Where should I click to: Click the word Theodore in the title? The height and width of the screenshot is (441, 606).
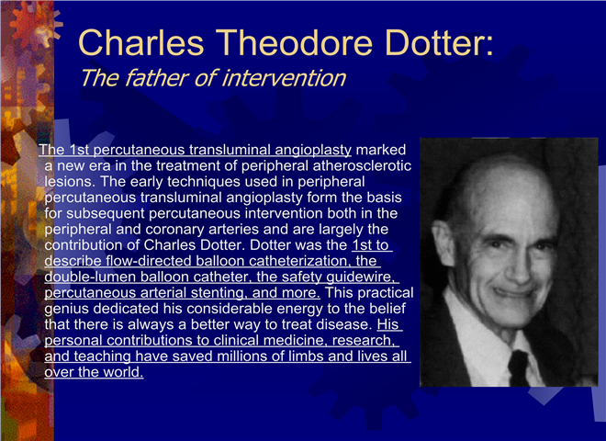click(x=294, y=42)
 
